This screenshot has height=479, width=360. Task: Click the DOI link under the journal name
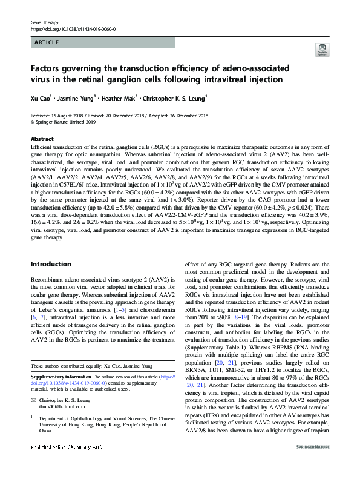[73, 28]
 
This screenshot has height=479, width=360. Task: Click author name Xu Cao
[40, 97]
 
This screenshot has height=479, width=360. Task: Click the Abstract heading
[42, 139]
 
